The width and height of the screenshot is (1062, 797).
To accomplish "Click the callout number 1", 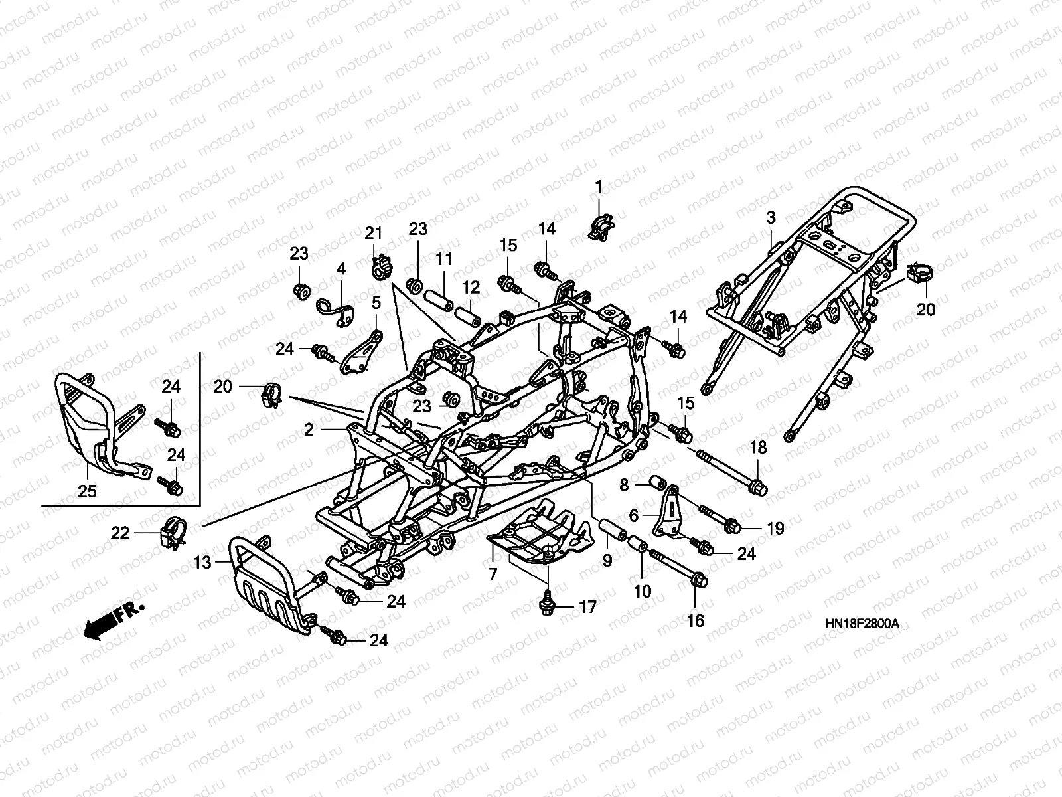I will [x=598, y=188].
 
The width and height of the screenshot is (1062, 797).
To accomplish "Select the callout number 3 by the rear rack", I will [x=771, y=217].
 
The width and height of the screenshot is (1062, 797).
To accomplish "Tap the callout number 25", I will [x=87, y=491].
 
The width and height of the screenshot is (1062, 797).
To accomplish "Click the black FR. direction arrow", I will [x=100, y=625].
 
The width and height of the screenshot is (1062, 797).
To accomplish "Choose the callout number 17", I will [x=587, y=606].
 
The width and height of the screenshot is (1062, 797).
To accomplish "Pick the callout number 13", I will [x=202, y=563].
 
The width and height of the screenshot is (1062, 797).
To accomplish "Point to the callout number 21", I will [x=374, y=233].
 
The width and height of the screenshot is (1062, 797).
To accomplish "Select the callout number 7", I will [x=493, y=574].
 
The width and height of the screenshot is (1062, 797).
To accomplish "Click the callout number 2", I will [x=309, y=430].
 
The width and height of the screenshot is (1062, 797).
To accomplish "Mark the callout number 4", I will [x=341, y=269].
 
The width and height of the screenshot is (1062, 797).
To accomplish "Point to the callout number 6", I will [x=633, y=515].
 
